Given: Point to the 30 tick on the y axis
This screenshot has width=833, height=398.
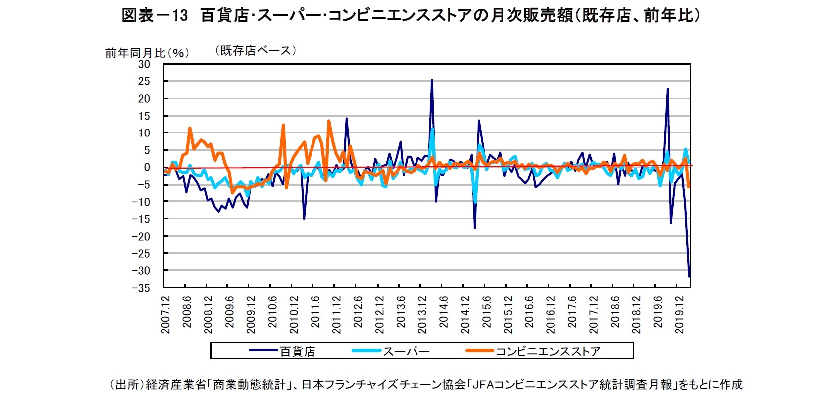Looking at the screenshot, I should tap(144, 64).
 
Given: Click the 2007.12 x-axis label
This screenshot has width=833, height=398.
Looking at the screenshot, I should tap(166, 315).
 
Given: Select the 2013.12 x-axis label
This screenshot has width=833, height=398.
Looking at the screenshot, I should tap(422, 315).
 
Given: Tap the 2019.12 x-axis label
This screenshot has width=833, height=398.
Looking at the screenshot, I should tap(679, 315).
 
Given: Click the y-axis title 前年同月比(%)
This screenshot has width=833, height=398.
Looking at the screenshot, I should tap(147, 53).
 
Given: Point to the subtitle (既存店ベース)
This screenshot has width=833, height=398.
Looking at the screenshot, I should tap(255, 50).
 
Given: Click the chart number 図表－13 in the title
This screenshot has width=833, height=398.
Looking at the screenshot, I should tap(155, 16).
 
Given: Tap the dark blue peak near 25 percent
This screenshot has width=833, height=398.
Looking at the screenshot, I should tap(431, 80).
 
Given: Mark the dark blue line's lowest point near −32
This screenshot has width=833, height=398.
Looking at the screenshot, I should tap(689, 276).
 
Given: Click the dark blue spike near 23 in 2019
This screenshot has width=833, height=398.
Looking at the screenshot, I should tap(667, 89).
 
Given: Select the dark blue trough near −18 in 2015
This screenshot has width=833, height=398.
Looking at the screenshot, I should tap(475, 228).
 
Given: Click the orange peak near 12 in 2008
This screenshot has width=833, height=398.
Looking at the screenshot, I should tap(190, 128).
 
